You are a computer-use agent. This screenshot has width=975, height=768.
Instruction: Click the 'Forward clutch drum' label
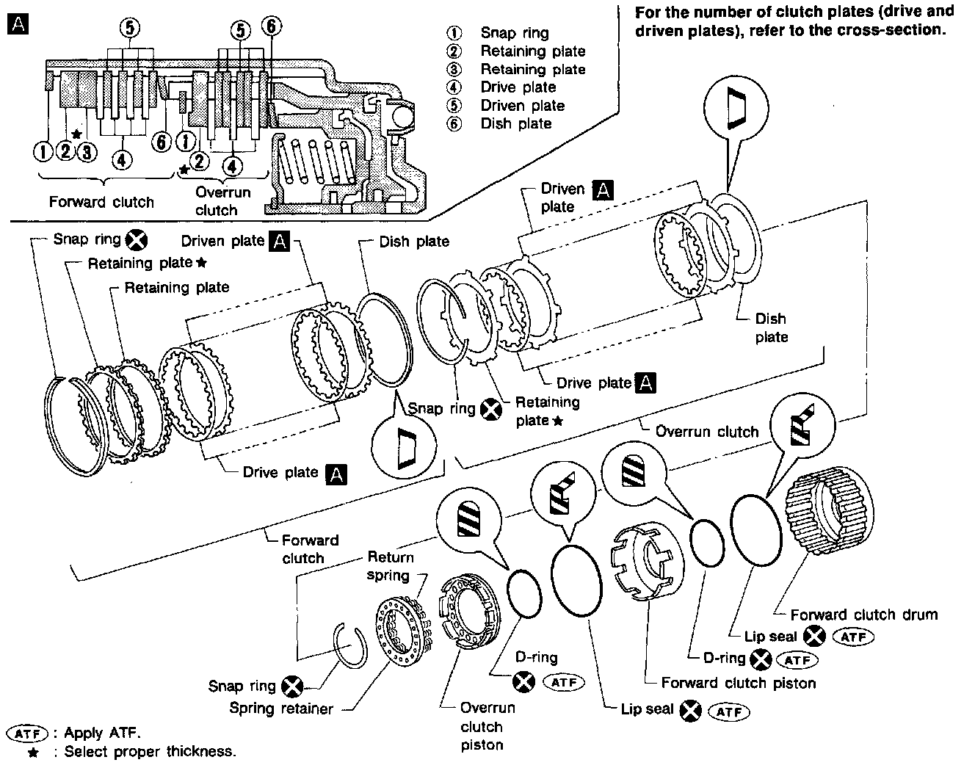(863, 615)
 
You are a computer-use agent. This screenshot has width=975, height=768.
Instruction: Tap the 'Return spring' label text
(390, 565)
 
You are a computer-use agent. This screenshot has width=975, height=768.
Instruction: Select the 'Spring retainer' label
(280, 709)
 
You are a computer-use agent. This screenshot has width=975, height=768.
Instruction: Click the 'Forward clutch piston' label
(738, 683)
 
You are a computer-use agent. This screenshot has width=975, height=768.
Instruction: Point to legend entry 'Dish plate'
(515, 123)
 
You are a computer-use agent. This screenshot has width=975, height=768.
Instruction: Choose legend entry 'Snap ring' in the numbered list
(514, 32)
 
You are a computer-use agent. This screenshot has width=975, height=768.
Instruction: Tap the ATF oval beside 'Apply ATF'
(26, 733)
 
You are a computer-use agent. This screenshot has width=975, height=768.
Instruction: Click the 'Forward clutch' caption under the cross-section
(101, 202)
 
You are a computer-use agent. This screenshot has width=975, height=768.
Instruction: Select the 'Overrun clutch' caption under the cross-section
(222, 201)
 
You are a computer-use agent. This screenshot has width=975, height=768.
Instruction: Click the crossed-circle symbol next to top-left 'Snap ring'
(137, 239)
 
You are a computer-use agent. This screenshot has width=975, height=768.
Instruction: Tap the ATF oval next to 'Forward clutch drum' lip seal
(854, 637)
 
